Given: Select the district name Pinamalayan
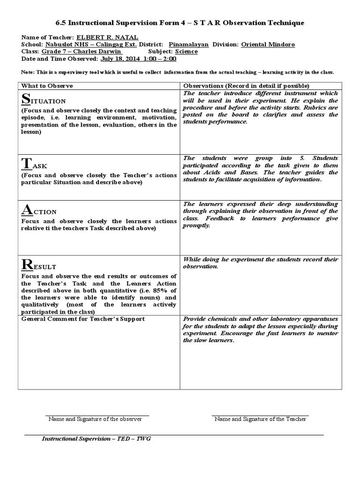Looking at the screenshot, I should (x=189, y=45).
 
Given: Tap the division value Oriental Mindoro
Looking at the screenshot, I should (x=268, y=45).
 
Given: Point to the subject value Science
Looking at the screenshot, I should (x=186, y=52).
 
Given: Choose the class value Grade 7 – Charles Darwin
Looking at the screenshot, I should (x=82, y=52).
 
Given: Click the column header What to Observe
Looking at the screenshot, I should (x=47, y=86).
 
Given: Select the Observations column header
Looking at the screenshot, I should (x=246, y=86).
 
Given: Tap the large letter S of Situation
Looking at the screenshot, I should (x=26, y=99).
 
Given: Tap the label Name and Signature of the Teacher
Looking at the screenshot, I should (x=260, y=419).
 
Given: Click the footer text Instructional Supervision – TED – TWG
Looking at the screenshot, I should (x=97, y=438).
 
